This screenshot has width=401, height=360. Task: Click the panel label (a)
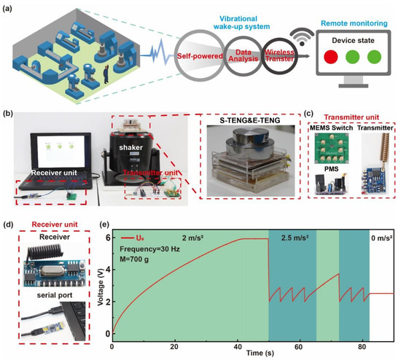pos(9,8)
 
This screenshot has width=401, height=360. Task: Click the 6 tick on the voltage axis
pos(104,238)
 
